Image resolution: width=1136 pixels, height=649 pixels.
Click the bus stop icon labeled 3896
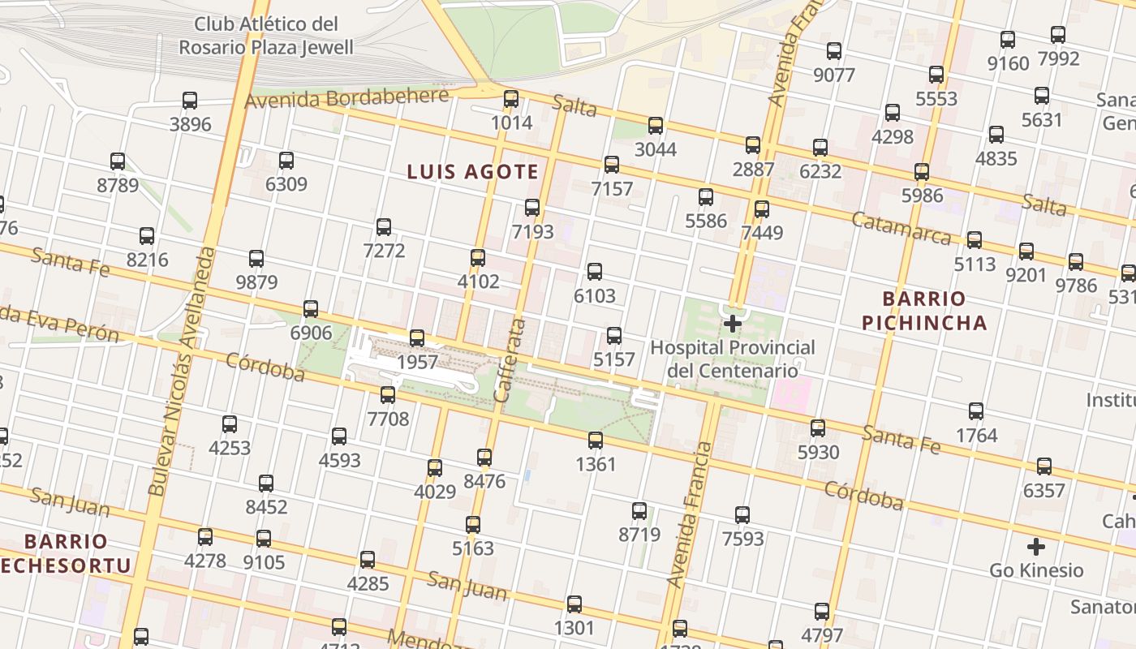click(190, 101)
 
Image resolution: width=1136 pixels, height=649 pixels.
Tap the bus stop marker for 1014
click(511, 99)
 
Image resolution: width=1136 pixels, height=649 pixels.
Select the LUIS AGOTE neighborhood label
click(472, 172)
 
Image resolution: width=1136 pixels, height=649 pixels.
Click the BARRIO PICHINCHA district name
click(924, 311)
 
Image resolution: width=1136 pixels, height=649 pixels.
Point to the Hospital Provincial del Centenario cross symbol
click(733, 324)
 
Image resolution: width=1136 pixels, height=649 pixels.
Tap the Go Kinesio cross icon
click(1036, 546)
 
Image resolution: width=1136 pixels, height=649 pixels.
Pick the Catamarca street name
click(901, 229)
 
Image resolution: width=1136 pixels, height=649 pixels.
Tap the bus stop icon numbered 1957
click(417, 338)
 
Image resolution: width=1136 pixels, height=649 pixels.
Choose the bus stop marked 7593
click(742, 515)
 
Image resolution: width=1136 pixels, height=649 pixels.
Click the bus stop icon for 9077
click(834, 51)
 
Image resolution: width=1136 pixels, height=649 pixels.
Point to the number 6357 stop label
click(1043, 491)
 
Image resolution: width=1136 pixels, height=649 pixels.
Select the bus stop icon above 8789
click(118, 161)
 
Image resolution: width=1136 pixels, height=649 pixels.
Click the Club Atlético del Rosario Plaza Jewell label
click(266, 36)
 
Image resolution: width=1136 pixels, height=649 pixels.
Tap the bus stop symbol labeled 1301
click(574, 604)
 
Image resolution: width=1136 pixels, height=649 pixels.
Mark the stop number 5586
click(706, 221)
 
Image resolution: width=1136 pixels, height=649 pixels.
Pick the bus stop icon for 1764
click(976, 411)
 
